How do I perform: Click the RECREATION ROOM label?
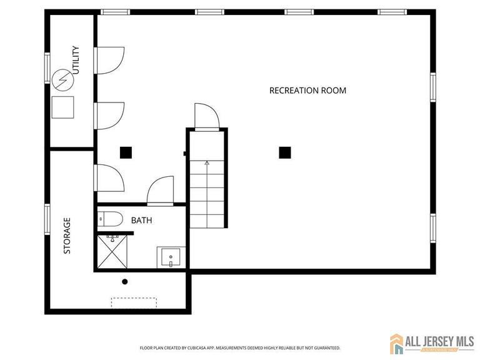pos(307,91)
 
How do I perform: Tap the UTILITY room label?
pos(76,60)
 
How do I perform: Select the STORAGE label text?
pos(67,236)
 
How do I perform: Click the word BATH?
pos(141,221)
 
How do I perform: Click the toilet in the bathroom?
pos(111,219)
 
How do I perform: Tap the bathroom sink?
pos(169,257)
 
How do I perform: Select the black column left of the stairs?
pos(126,152)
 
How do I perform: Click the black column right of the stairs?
pos(285,152)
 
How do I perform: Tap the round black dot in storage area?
pos(125,282)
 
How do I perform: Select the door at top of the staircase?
pos(206,116)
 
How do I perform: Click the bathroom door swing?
pos(161,191)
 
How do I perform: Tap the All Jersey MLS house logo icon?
pos(397,343)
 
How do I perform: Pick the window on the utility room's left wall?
pos(47,67)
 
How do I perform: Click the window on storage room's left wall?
pos(47,219)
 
